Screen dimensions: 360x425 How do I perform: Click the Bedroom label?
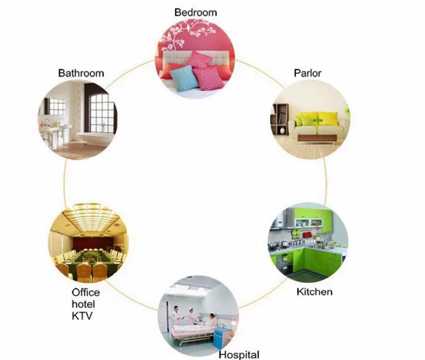tap(196, 12)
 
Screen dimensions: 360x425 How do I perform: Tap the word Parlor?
tap(307, 73)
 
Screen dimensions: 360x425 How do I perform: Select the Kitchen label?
tap(314, 292)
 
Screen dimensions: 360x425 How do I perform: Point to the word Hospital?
tap(238, 354)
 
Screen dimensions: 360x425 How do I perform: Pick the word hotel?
tap(83, 304)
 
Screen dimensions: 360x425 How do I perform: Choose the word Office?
tap(86, 292)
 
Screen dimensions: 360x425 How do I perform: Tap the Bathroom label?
tap(81, 73)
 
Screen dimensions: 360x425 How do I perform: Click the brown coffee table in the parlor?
tap(317, 137)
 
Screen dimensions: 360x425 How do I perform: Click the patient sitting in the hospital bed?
tap(210, 321)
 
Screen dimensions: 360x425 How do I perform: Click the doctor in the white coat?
tap(176, 317)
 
